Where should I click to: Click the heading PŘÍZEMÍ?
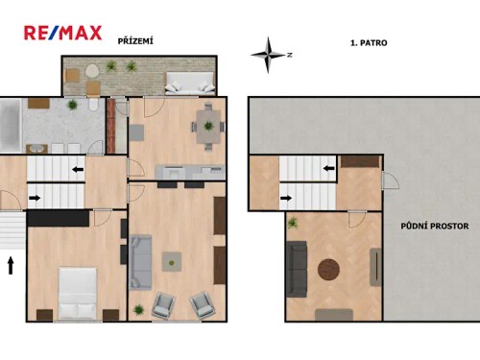pyautogui.click(x=135, y=41)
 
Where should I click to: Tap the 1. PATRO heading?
pyautogui.click(x=368, y=43)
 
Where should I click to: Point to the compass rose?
pyautogui.click(x=269, y=54)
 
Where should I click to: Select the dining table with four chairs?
pyautogui.click(x=206, y=124)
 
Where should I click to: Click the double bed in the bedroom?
pyautogui.click(x=77, y=293)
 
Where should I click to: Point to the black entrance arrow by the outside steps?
pyautogui.click(x=11, y=264)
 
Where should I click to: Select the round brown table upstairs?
pyautogui.click(x=330, y=269)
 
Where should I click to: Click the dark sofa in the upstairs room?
pyautogui.click(x=297, y=268)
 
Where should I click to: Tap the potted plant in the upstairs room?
pyautogui.click(x=293, y=223)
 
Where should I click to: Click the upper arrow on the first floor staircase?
pyautogui.click(x=328, y=169)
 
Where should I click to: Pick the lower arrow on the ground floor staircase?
pyautogui.click(x=35, y=199)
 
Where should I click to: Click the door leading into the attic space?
pyautogui.click(x=389, y=180)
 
